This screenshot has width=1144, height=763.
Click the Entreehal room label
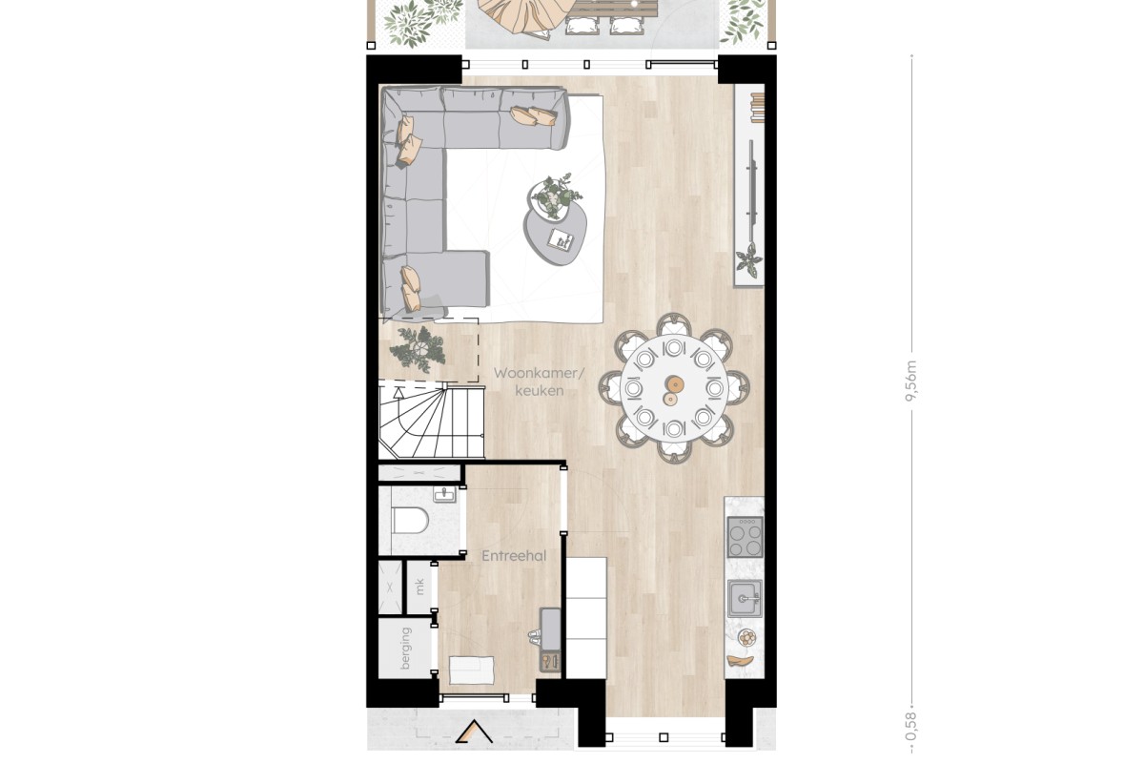coord(514,556)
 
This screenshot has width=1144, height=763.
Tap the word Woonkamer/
coord(539,373)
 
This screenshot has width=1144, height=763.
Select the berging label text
coord(405,648)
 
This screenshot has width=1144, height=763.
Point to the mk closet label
coord(419,587)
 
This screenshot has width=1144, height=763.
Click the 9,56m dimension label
coord(910,381)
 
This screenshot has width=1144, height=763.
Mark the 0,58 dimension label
coord(910,726)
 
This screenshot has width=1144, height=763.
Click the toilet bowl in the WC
coord(410,520)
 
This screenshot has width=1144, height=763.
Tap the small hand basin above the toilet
coord(444,494)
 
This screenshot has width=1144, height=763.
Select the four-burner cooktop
coord(746,537)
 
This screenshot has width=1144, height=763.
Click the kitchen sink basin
coord(746,598)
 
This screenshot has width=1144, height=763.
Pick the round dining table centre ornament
coord(673,390)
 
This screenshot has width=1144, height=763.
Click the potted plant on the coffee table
coord(555,196)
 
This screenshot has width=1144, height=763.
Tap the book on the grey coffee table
coord(561,239)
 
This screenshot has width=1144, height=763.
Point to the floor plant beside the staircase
coord(419,349)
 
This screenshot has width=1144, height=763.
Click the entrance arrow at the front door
coord(474,732)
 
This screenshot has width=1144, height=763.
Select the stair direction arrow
coord(398,393)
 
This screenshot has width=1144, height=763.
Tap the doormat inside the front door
coord(471,670)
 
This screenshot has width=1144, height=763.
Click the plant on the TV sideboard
coord(748,260)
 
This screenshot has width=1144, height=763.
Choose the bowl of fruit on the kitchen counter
coord(747,637)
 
